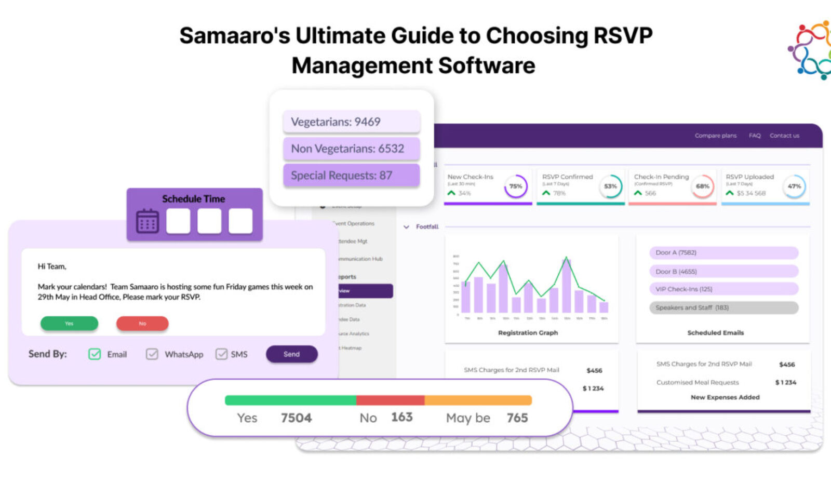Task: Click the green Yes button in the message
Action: (69, 323)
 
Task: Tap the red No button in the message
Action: (142, 323)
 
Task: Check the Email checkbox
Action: (95, 354)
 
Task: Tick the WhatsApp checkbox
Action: (152, 354)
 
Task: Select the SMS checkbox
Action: (221, 354)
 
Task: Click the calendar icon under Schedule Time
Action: (148, 221)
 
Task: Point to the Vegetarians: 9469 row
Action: (351, 122)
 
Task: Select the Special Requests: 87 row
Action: (351, 176)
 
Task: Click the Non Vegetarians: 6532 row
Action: (351, 149)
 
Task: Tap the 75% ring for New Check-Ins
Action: (515, 186)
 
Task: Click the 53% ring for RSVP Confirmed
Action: (610, 186)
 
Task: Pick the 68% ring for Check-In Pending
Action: (702, 186)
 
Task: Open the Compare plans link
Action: (716, 136)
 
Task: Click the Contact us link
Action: (784, 136)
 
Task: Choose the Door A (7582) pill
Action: (723, 252)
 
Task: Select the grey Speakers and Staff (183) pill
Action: (723, 307)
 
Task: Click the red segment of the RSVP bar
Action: (390, 400)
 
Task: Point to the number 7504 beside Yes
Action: (296, 418)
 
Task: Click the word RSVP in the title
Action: (623, 36)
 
